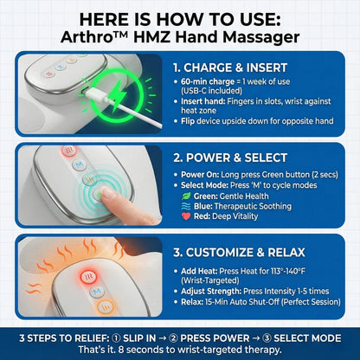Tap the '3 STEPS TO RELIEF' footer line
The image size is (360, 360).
180,336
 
